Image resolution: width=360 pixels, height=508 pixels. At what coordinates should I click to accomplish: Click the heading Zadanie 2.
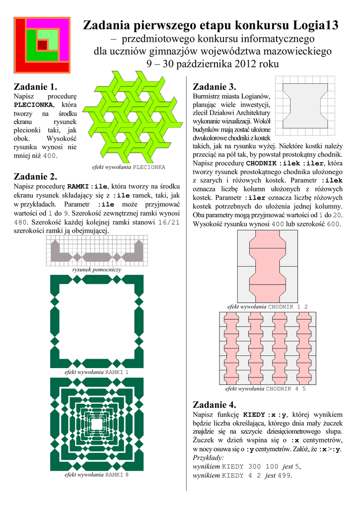36,176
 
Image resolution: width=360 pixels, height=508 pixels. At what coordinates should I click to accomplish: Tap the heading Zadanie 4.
214,404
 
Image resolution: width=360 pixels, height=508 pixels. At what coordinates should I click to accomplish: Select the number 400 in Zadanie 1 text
49,156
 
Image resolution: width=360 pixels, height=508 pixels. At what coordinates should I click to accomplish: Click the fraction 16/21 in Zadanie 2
166,222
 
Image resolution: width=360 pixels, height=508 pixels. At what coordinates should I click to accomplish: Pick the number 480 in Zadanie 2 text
20,222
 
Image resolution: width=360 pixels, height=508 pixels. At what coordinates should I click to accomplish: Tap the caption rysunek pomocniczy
96,269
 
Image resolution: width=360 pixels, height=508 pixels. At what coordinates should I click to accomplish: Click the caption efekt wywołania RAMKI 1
96,372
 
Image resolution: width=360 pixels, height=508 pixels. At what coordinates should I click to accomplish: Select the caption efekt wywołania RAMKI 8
96,475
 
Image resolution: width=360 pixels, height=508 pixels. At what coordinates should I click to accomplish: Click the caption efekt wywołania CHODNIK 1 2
267,307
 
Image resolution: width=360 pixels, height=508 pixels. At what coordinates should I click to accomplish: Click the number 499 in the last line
284,475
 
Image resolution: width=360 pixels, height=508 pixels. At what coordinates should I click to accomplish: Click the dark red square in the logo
42,45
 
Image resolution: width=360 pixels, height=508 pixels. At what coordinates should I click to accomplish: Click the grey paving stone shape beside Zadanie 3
305,106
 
